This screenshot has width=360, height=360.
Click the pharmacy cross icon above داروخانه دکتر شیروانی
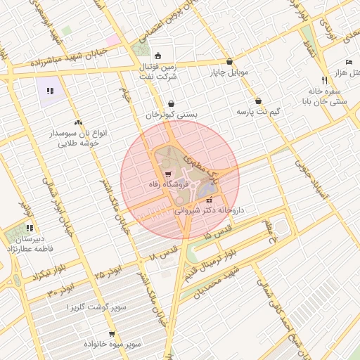point(207,201)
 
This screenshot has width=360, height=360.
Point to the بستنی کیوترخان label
point(172,114)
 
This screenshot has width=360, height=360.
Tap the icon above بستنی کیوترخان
point(172,103)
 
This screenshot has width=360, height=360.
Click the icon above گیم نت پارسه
point(259,101)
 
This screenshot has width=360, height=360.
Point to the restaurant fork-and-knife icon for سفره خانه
point(323,80)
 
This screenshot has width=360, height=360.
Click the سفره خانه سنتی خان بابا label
point(325,96)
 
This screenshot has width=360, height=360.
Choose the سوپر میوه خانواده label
point(112,345)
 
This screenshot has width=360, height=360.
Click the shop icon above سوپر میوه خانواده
point(112,334)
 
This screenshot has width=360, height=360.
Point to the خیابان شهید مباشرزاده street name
point(66,62)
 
